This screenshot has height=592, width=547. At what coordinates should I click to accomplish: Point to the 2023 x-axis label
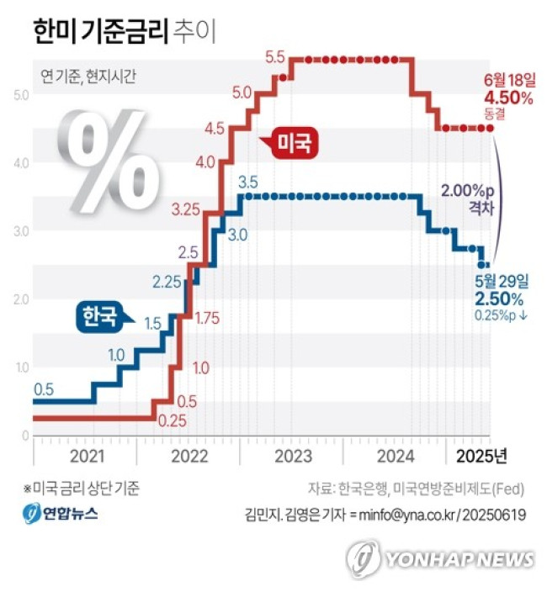pos(292,457)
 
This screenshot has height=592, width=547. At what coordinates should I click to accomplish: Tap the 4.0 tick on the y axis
pos(21,162)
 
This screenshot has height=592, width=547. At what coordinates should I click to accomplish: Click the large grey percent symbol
pos(114,159)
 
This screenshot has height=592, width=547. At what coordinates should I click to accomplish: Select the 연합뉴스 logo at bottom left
pos(60,513)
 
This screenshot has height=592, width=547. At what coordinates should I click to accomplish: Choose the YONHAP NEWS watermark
pos(440,559)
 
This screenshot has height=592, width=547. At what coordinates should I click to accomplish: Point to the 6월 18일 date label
pos(509,80)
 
